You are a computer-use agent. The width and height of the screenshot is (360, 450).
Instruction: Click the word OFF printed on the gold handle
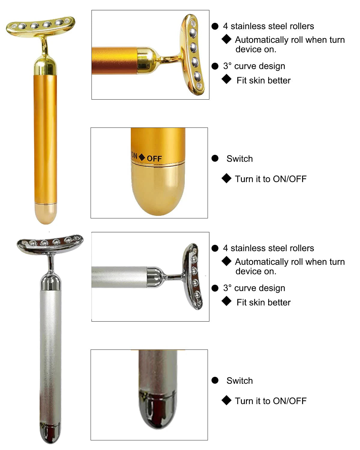pyautogui.click(x=154, y=159)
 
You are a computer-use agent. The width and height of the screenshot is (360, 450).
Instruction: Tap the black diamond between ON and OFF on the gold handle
pyautogui.click(x=142, y=157)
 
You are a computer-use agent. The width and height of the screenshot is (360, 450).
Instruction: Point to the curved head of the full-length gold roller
pyautogui.click(x=40, y=26)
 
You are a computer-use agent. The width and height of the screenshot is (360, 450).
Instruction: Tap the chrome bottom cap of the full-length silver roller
pyautogui.click(x=50, y=433)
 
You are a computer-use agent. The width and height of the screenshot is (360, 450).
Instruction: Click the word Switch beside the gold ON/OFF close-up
pyautogui.click(x=239, y=159)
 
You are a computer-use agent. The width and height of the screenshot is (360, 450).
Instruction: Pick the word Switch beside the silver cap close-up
pyautogui.click(x=239, y=381)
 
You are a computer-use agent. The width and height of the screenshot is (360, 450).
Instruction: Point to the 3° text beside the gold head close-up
pyautogui.click(x=227, y=66)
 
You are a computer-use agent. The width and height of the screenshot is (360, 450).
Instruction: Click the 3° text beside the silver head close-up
pyautogui.click(x=227, y=288)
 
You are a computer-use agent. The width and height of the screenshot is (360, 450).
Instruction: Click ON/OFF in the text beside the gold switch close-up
pyautogui.click(x=290, y=179)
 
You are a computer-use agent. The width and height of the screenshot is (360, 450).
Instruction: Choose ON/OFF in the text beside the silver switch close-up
pyautogui.click(x=290, y=401)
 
